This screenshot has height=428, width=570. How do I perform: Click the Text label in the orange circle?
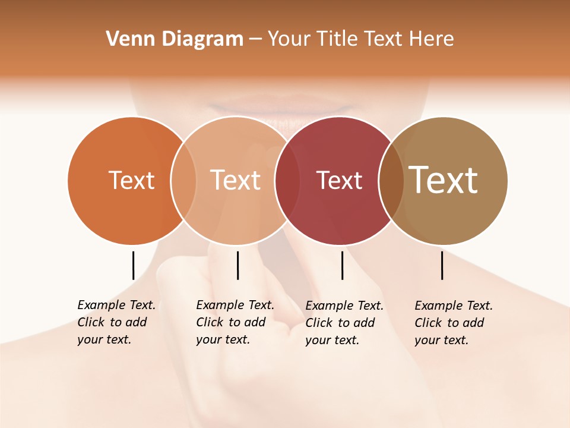[131, 180]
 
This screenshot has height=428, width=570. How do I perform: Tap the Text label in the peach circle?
[236, 180]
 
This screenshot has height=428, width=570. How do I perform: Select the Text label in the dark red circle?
[339, 180]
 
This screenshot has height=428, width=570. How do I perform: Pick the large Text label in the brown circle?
[444, 180]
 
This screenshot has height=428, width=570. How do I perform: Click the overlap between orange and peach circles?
[183, 180]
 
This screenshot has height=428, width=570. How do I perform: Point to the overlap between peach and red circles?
[287, 180]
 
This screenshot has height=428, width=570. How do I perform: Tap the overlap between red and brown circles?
[391, 180]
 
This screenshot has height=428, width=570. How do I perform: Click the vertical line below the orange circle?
[133, 265]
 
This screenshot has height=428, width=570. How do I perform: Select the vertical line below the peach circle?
[237, 265]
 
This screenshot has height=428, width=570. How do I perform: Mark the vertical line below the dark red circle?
[342, 265]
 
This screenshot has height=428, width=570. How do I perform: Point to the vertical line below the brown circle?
[442, 265]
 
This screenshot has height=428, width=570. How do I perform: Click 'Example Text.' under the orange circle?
[116, 305]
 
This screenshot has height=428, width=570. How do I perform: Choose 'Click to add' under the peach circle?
[231, 322]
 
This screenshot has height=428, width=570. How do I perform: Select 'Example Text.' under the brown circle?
[454, 306]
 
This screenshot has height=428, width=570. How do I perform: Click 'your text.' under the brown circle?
[442, 340]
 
